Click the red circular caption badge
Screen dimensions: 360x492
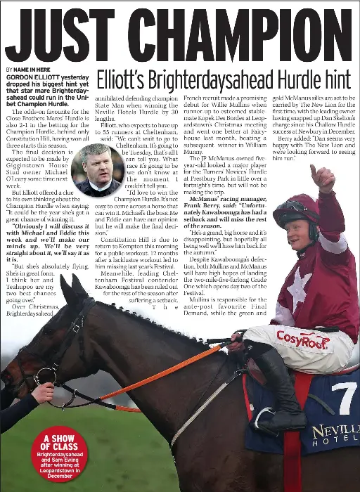pyautogui.click(x=60, y=454)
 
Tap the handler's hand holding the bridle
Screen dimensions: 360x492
pyautogui.click(x=42, y=392)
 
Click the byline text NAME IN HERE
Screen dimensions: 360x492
pyautogui.click(x=32, y=70)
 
